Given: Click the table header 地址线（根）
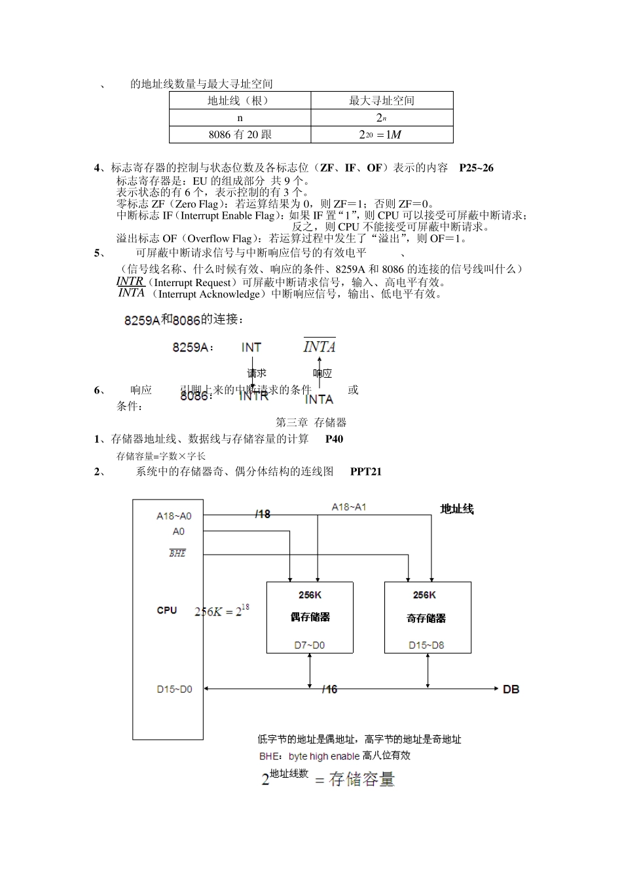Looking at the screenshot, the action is [x=240, y=100].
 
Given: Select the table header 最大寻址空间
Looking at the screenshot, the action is [x=382, y=100].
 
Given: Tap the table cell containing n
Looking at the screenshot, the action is [x=240, y=118].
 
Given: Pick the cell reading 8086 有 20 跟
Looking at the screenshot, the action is [x=240, y=134].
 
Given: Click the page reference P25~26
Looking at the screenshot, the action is [x=476, y=168].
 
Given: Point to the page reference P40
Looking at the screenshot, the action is [x=334, y=439].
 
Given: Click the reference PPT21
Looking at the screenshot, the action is [x=365, y=471].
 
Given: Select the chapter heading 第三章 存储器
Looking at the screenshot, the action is [x=311, y=422].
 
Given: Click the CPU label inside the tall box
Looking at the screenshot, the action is [x=167, y=610].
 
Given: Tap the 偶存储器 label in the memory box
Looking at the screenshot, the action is [x=310, y=617].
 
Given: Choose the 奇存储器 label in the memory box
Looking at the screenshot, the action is [x=426, y=617].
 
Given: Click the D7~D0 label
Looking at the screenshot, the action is [x=310, y=646].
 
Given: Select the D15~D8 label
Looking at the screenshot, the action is [x=426, y=646].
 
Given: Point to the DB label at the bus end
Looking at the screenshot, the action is [x=511, y=689].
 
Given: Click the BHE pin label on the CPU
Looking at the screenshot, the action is [x=177, y=553].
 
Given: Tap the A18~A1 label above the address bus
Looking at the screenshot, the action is [x=348, y=507].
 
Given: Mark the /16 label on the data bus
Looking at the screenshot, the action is [x=329, y=689].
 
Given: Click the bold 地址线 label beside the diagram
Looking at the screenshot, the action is [x=456, y=509].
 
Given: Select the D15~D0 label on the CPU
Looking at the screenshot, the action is [x=174, y=689].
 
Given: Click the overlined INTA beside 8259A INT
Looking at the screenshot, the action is [x=320, y=346].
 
